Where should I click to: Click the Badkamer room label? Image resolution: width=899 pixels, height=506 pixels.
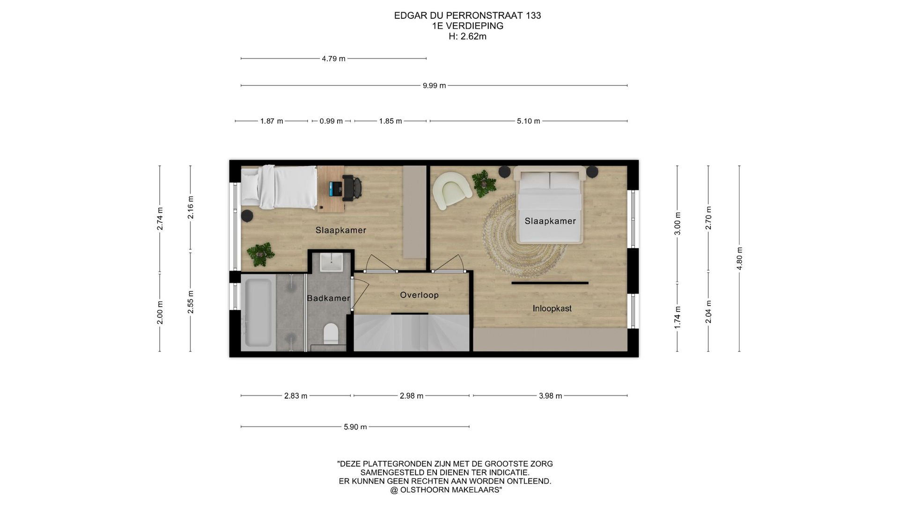coord(328,298)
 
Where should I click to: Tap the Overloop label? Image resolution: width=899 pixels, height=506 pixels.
coord(419,295)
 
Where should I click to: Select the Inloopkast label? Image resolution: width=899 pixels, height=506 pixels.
coord(552,308)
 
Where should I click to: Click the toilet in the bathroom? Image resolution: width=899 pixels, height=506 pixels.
coord(331,333)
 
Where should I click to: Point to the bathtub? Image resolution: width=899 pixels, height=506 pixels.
coord(258,313)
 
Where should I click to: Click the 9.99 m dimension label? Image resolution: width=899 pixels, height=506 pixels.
coord(434,86)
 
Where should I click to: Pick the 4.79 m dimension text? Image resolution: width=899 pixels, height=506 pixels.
coord(333,59)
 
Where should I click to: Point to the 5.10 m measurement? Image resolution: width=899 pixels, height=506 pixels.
coord(529,121)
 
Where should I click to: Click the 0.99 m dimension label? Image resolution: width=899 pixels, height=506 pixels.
coord(331,121)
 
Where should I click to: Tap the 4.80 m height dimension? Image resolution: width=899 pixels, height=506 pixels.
coord(739,259)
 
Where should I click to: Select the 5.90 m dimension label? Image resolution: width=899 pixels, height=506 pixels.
coord(355,427)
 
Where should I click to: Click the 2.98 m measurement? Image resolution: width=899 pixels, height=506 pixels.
coord(412,396)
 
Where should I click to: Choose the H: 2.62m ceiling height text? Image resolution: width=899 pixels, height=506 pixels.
coord(467,37)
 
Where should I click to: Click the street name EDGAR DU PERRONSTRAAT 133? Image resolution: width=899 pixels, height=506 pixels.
coord(467,15)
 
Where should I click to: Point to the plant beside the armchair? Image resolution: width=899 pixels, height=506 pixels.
coord(484,183)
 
